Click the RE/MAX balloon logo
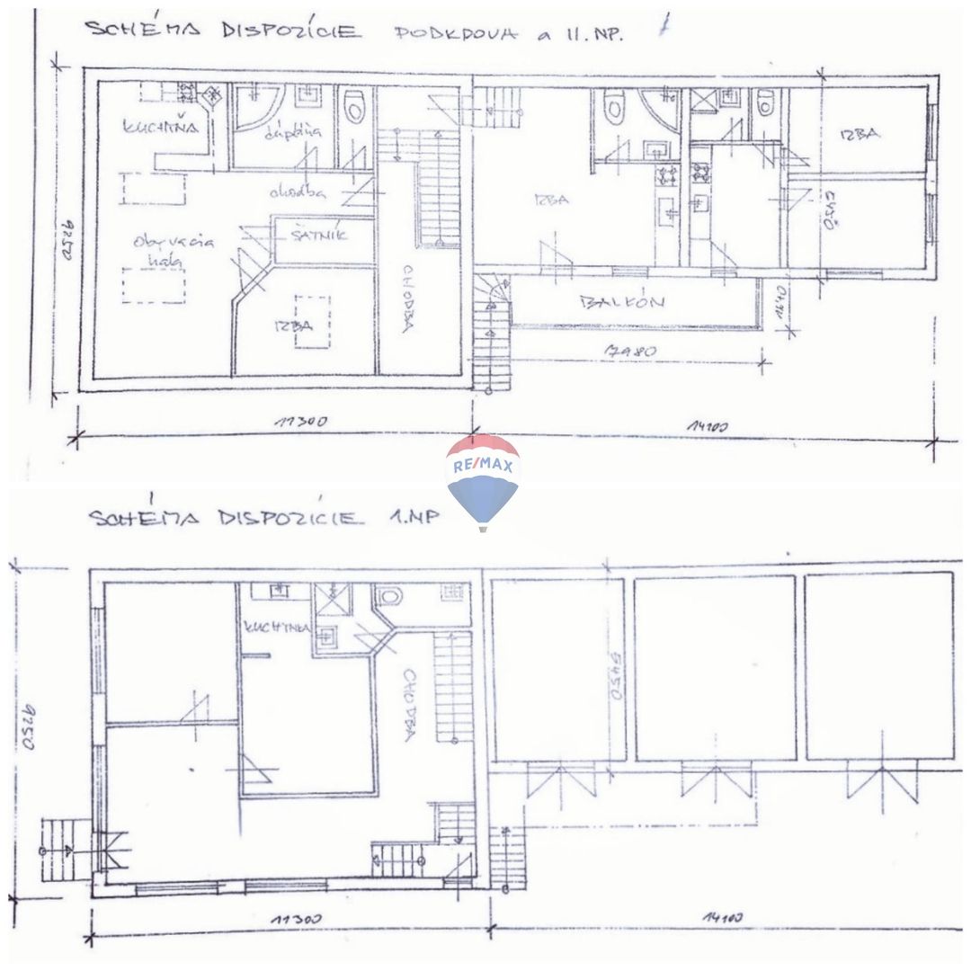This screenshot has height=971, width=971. pyautogui.click(x=483, y=478)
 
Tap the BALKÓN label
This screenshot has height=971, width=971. pyautogui.click(x=623, y=303)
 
